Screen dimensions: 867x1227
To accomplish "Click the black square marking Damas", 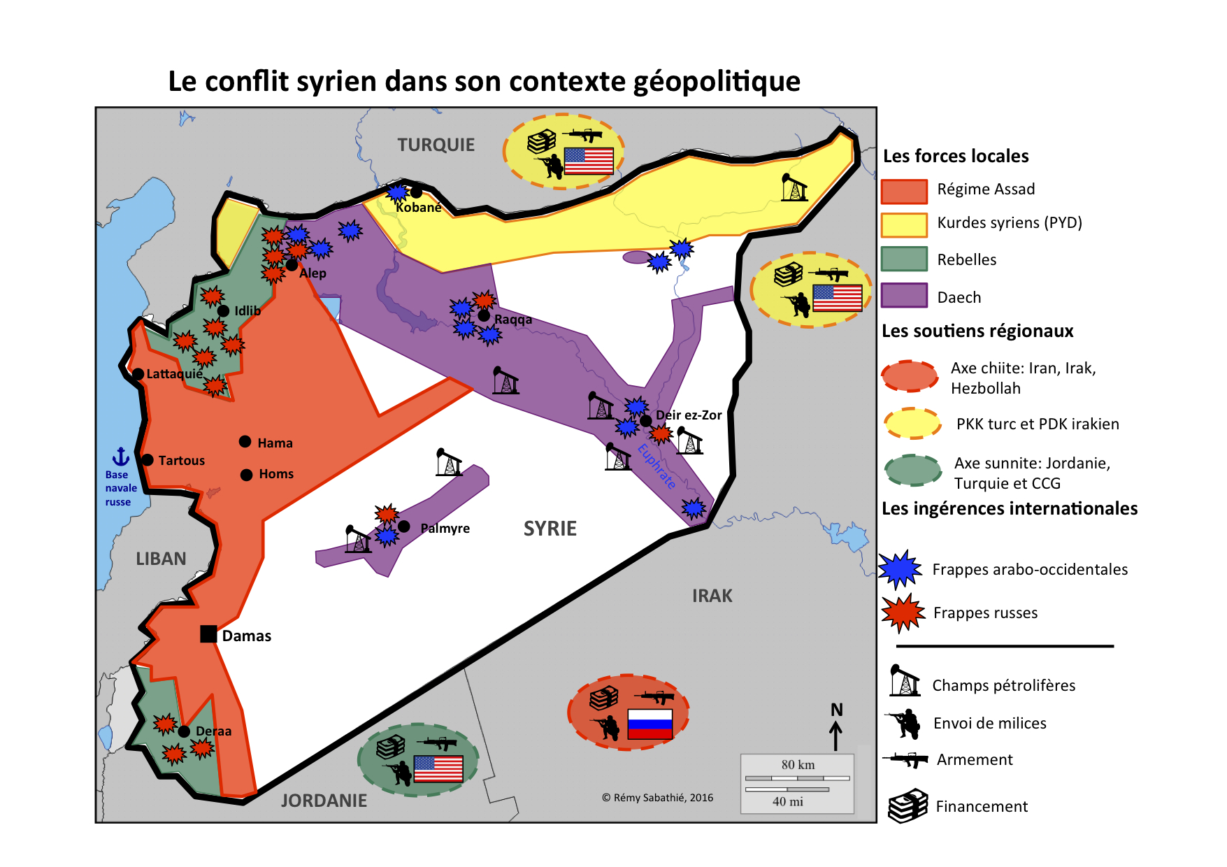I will tap(208, 634).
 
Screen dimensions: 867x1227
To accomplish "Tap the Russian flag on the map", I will tap(650, 724).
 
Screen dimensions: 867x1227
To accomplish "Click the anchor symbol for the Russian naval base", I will tap(121, 457).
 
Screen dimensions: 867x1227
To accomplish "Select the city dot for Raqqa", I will tap(484, 315).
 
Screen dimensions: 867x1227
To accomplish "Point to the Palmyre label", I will tap(445, 529).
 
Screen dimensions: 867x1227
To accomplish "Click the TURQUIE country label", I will tap(436, 145).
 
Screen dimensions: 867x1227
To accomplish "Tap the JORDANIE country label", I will tap(324, 801).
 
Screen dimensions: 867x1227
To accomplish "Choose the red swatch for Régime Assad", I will tap(904, 191).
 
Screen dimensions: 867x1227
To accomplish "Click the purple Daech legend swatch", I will tap(904, 296).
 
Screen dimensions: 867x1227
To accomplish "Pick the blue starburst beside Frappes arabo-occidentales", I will tap(900, 568).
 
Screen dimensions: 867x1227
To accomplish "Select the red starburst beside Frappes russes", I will tap(903, 613).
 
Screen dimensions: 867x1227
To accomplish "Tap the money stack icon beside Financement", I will tap(907, 805).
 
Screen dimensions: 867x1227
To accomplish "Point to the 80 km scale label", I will tap(798, 764).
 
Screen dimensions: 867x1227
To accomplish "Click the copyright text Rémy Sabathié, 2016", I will tap(657, 798).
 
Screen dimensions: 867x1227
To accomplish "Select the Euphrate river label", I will tap(656, 466).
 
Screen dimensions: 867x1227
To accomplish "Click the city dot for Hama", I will tap(245, 442).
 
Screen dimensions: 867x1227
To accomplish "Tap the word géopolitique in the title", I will tap(717, 82).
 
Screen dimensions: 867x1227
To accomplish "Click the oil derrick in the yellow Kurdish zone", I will tap(794, 187).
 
